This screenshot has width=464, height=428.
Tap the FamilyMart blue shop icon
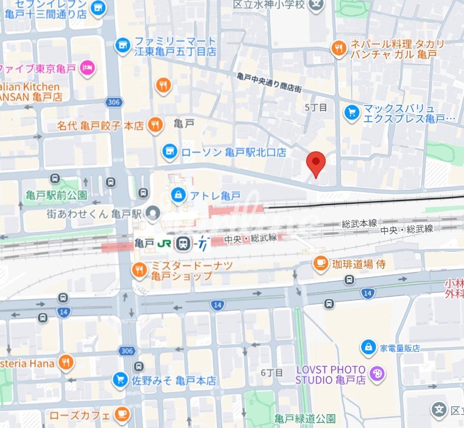coord(122,45)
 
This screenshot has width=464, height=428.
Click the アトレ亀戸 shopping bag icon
coord(177,194)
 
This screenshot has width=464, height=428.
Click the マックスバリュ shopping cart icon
coord(352,111)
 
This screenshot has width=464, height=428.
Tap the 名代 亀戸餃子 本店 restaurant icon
coord(155,124)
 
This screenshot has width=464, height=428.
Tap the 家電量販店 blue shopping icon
coord(369,347)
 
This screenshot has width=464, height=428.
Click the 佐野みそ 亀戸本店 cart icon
coord(121,380)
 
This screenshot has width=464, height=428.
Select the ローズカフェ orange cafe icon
coord(122,413)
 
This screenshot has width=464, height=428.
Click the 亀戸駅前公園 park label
coord(57,194)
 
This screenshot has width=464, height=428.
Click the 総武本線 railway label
coord(359,223)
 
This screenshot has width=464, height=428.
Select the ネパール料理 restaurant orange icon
coord(339,48)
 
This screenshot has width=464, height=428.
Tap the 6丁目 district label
coord(272,372)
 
